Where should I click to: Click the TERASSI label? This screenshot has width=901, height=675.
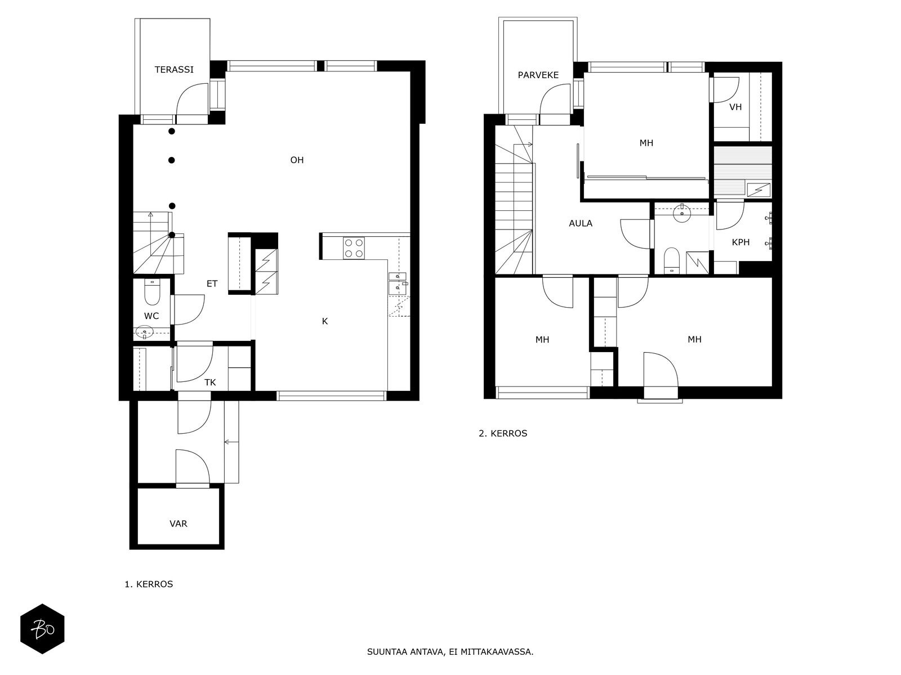pos(174,70)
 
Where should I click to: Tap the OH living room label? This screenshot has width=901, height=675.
pos(297,160)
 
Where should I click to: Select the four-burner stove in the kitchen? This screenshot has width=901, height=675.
pos(354,249)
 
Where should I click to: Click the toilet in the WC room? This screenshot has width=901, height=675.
pos(152,292)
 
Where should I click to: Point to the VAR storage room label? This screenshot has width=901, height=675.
pos(178,524)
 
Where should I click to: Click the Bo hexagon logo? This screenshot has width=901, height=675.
pos(42,629)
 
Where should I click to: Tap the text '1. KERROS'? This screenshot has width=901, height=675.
pos(149,584)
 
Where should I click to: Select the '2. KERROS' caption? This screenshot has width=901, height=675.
pos(503,433)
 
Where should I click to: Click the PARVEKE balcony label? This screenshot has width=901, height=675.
pos(538,75)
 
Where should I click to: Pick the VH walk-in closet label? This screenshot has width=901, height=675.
pos(735,107)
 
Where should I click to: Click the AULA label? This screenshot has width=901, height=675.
pos(581,223)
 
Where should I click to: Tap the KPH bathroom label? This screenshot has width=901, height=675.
pos(741,242)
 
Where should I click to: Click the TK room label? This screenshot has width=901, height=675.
pos(210,382)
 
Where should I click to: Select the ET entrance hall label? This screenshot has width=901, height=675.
pos(212,283)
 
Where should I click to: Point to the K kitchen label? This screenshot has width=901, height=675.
pos(325,321)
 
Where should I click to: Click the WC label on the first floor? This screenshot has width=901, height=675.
pos(151,316)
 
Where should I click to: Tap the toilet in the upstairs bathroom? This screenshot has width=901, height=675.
pos(672,260)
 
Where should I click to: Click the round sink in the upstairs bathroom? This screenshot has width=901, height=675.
pos(682,213)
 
